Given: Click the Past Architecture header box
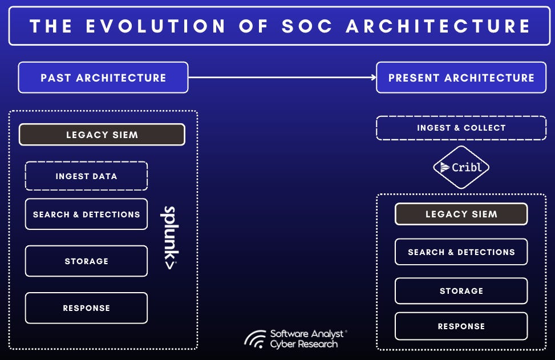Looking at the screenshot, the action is [103, 78].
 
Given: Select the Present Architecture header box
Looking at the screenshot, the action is [461, 78].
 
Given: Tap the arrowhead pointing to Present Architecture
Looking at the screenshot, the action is [374, 77].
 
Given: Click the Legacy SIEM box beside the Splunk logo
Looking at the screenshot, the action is [102, 135].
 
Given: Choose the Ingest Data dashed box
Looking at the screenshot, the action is [86, 176].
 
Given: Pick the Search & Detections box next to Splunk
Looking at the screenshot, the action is [86, 214].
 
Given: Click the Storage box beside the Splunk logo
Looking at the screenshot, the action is [86, 261].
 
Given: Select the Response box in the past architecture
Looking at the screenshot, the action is [86, 308].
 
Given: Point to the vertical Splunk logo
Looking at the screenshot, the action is [170, 237].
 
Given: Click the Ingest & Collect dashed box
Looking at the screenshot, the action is [461, 128].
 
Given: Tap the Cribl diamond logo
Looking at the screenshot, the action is [461, 167].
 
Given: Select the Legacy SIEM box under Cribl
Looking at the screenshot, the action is [461, 214].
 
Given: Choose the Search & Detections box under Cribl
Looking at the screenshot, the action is [461, 252].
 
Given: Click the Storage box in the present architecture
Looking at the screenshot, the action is [461, 291].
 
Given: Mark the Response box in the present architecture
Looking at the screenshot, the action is [461, 326].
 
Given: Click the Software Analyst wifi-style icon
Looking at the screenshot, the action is [255, 339].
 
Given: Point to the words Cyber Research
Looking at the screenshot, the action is [304, 344].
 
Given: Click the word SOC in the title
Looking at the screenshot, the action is [307, 26].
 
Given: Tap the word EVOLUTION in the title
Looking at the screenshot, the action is [156, 26].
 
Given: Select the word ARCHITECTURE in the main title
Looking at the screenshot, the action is [438, 26].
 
